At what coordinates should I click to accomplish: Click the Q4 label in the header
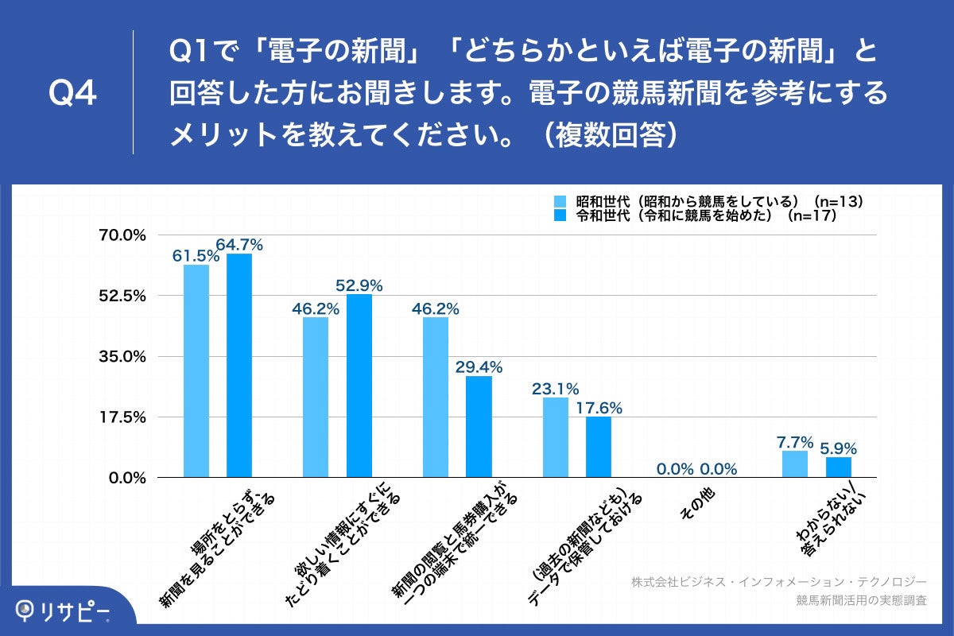(72, 94)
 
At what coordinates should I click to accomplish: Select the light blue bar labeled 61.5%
(196, 370)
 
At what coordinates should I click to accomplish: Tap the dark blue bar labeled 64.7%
(239, 365)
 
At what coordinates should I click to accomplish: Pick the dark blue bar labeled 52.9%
(359, 386)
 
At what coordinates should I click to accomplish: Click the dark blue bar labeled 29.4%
(479, 426)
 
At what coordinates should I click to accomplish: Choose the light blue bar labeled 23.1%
(556, 437)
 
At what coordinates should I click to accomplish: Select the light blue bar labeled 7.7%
(795, 464)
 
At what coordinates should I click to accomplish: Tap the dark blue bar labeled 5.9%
(838, 467)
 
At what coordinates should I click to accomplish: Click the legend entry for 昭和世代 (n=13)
(708, 201)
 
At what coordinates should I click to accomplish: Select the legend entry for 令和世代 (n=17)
(700, 215)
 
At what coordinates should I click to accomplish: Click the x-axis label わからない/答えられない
(831, 521)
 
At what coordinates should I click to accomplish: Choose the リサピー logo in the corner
(64, 611)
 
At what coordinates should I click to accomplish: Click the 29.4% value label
(479, 366)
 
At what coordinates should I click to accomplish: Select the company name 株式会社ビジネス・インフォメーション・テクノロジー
(779, 581)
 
